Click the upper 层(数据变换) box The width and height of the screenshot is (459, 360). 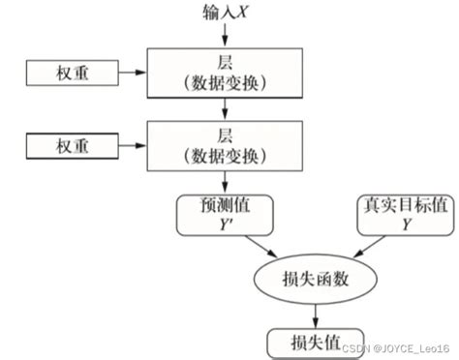[225, 73]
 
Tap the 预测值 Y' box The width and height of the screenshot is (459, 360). [225, 214]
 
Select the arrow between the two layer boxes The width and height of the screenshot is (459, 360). [225, 108]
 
